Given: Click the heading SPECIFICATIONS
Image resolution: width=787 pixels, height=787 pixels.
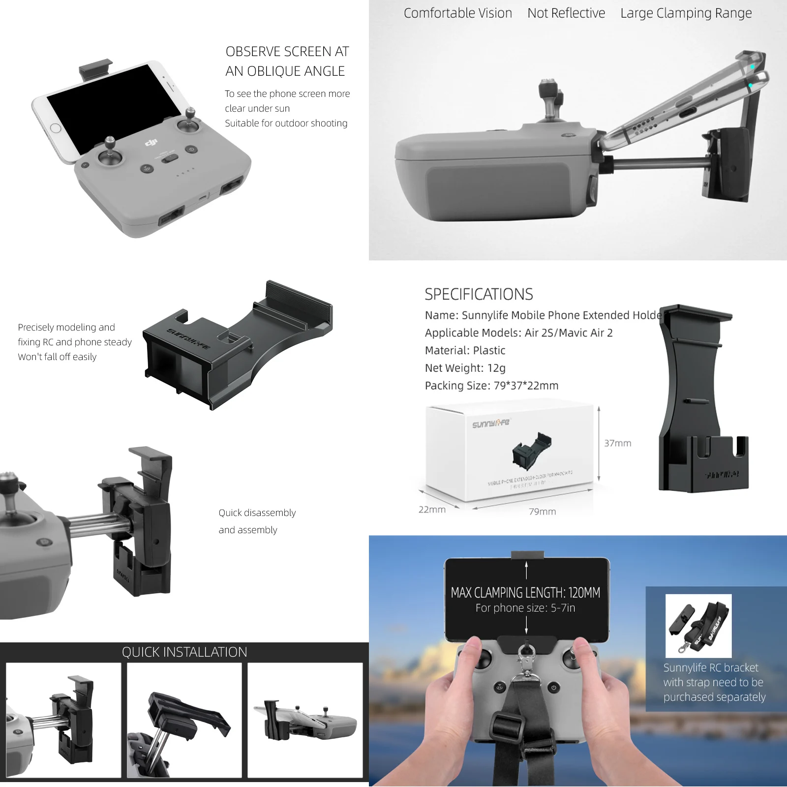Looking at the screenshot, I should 478,294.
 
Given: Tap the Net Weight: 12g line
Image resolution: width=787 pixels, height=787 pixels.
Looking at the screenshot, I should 465,368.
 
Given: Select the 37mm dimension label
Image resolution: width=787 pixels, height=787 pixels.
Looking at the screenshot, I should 617,443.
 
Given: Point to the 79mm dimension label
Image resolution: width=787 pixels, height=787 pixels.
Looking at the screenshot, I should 542,512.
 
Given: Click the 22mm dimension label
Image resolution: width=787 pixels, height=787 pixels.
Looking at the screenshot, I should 432,510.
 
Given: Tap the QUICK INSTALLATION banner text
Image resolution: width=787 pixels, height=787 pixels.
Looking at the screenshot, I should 184,652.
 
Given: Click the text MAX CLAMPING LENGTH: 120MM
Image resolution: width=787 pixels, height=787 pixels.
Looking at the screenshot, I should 525,592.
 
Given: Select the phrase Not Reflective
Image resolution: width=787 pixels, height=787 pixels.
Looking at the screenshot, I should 566,13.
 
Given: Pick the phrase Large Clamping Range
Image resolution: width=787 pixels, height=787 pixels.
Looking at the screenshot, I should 686,13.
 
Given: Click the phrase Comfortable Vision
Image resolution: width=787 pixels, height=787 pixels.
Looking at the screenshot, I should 457,13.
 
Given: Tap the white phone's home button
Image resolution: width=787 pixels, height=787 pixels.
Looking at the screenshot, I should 56,128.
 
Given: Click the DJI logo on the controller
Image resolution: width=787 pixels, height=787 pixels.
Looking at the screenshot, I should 151,143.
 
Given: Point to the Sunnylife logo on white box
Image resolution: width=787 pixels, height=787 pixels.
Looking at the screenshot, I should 491,423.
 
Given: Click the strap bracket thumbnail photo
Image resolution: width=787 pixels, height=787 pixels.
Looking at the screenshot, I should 698,626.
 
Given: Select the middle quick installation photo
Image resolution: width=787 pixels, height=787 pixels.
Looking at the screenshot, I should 184,720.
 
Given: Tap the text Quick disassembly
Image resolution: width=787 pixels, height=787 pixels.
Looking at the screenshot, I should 257,513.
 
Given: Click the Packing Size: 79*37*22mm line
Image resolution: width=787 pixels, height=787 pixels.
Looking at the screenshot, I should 491,386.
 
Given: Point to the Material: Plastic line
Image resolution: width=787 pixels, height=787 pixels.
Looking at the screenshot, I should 465,350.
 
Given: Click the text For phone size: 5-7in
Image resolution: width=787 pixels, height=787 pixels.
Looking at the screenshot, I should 525,608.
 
